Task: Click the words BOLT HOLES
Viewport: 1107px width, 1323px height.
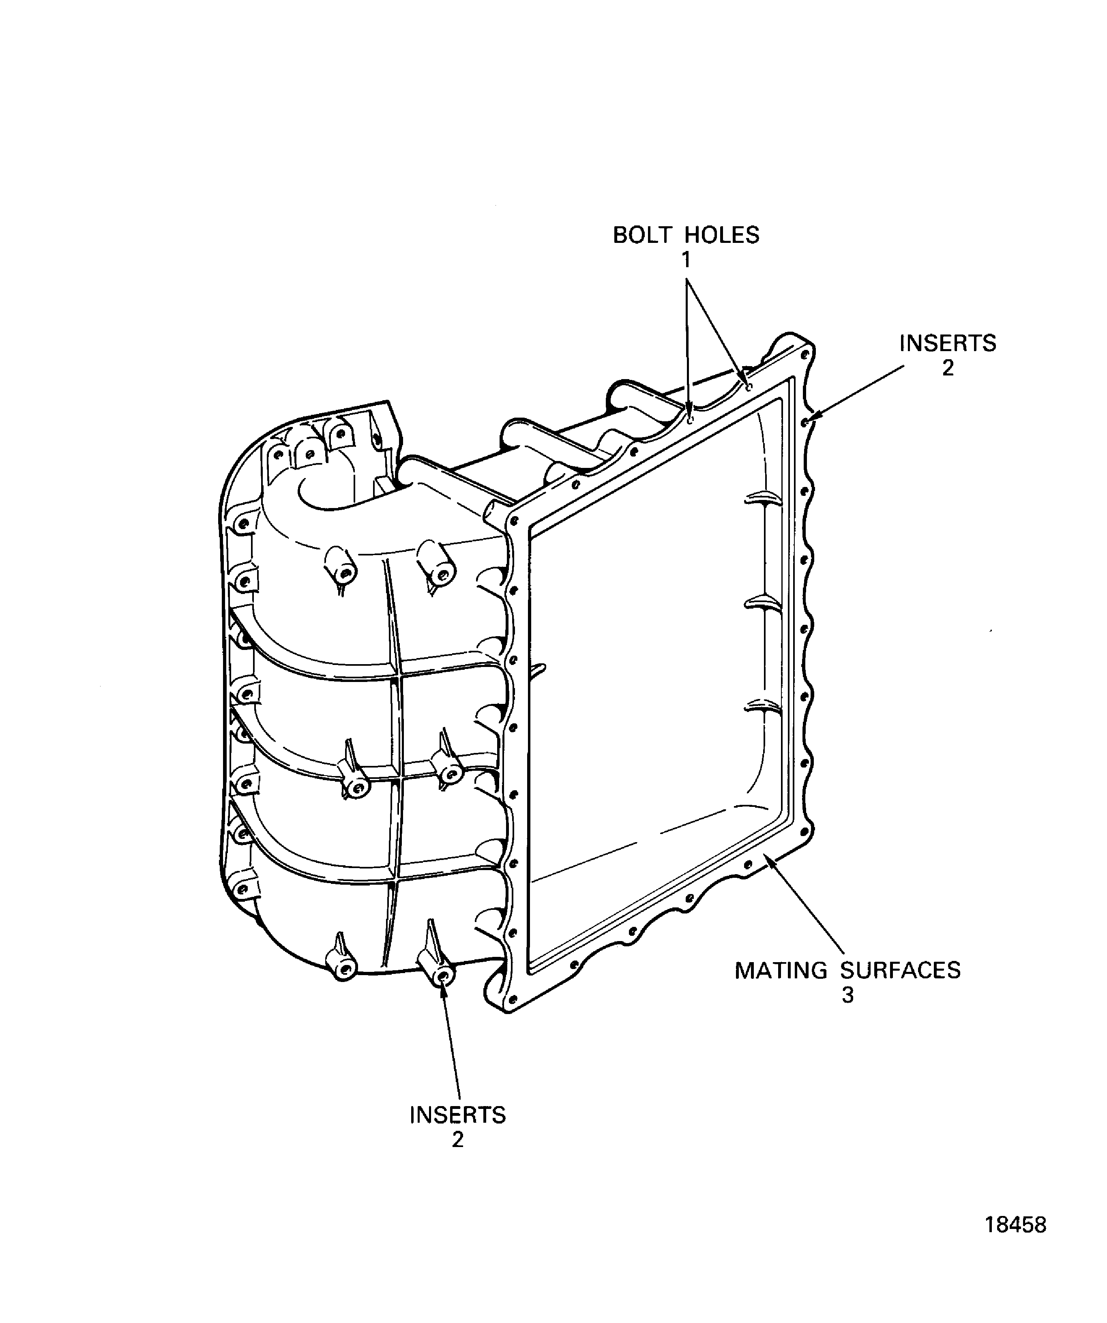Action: click(x=686, y=235)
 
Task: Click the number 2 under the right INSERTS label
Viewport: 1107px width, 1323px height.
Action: click(x=948, y=368)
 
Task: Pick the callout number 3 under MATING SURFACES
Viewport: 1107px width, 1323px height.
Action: click(x=847, y=995)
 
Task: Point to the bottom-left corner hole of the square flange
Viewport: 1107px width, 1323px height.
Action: click(x=512, y=999)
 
